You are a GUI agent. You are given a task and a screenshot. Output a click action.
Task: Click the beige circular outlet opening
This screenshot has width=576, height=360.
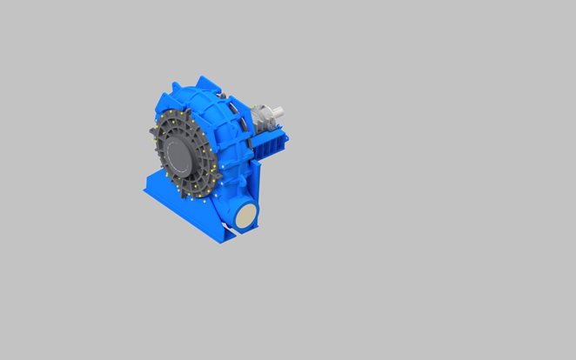click(x=246, y=217)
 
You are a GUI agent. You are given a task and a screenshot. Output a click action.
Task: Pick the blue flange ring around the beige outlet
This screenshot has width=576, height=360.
click(x=237, y=220)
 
